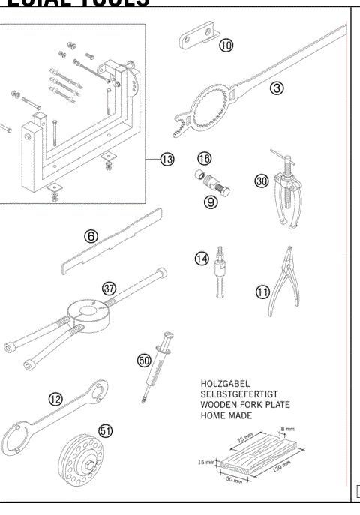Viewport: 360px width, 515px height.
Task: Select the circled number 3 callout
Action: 277,88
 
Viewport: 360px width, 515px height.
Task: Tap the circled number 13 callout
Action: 166,159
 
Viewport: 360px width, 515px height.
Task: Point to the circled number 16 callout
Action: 203,158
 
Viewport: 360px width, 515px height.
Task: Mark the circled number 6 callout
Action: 91,235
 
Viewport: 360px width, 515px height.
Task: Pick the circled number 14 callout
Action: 201,259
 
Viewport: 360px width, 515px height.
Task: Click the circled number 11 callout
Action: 262,292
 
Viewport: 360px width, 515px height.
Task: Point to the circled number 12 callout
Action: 55,400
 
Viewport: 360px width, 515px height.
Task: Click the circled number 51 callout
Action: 106,430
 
